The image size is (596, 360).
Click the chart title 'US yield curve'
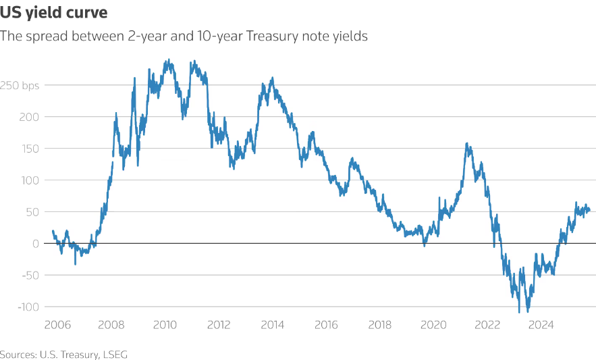[53, 13]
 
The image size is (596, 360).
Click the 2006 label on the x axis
[58, 325]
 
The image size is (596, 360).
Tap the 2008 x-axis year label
[111, 325]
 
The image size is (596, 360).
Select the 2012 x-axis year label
[219, 325]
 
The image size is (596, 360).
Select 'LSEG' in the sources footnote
[115, 353]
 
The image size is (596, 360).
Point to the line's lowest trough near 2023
[519, 312]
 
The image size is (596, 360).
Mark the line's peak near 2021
[467, 143]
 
